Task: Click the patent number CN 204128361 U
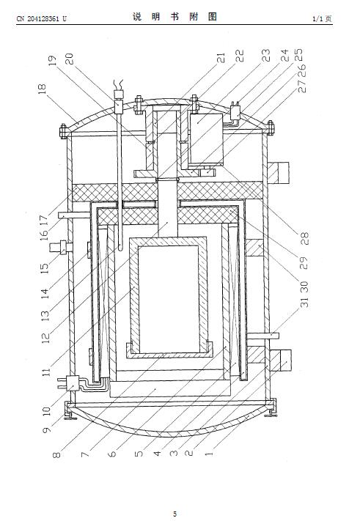pos(42,18)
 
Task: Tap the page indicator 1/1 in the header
pos(317,18)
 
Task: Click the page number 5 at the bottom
pos(175,514)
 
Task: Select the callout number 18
pos(43,89)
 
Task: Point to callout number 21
pos(221,58)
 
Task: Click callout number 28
pos(304,239)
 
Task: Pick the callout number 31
pos(304,302)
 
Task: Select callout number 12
pos(46,337)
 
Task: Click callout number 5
pos(139,453)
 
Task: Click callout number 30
pos(304,287)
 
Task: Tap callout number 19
pos(53,61)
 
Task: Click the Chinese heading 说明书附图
pos(175,17)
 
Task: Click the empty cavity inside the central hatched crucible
pos(169,299)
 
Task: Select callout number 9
pos(47,429)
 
